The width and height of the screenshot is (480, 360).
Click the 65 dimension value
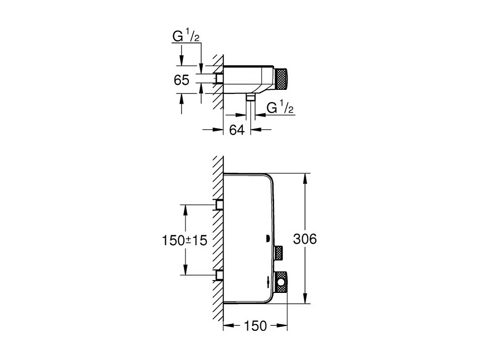(x=181, y=80)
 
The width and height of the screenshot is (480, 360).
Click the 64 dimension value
(x=237, y=130)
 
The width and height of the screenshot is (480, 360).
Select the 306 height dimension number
(x=305, y=239)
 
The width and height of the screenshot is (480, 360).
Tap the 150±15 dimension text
(x=185, y=240)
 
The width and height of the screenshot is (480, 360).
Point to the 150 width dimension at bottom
(x=255, y=326)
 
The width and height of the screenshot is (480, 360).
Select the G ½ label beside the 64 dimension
(x=279, y=108)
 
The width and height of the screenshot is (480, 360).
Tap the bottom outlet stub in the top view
(x=250, y=97)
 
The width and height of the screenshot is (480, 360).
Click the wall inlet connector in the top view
(x=219, y=79)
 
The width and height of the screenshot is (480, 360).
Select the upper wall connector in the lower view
(x=219, y=205)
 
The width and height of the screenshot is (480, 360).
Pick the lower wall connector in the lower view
(x=219, y=275)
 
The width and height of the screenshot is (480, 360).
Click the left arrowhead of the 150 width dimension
(x=227, y=326)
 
